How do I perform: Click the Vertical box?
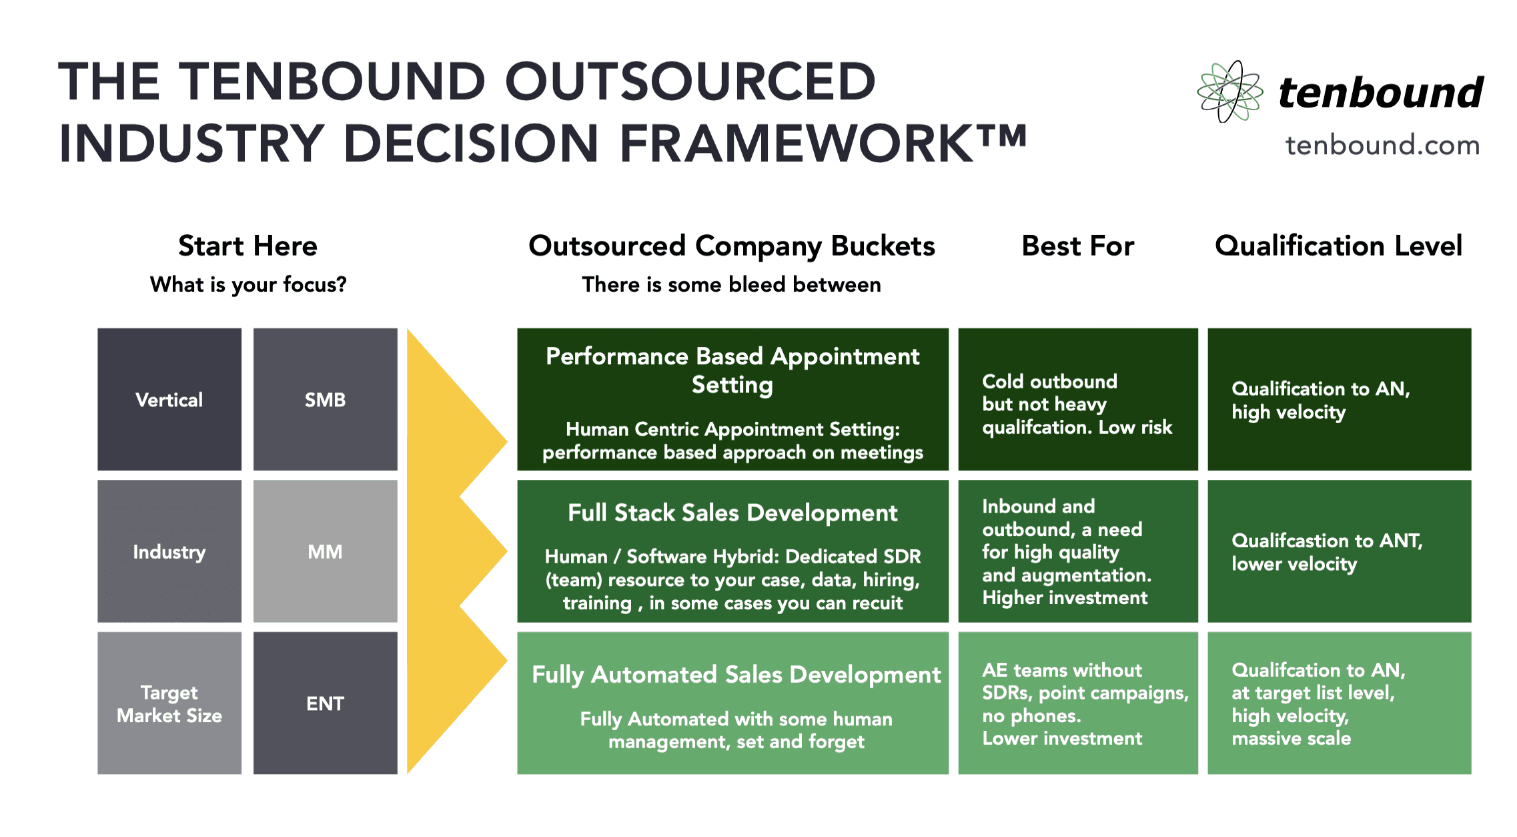click(x=169, y=399)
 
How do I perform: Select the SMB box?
click(x=325, y=399)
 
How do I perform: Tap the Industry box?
click(x=169, y=551)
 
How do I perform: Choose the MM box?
click(x=325, y=551)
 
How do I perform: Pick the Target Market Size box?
click(x=169, y=704)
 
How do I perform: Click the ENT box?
click(x=325, y=704)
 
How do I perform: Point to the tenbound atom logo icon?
click(x=1229, y=91)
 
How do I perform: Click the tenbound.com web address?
click(x=1382, y=145)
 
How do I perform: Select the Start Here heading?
click(x=247, y=246)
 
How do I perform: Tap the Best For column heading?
click(x=1077, y=246)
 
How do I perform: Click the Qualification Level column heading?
click(x=1338, y=246)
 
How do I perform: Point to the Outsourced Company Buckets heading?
click(x=732, y=246)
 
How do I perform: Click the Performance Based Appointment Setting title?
click(x=732, y=370)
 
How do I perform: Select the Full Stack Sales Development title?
click(x=732, y=513)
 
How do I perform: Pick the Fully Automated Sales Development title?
click(x=736, y=674)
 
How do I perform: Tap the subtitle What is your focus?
click(x=247, y=284)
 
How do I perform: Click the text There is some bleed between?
click(x=731, y=284)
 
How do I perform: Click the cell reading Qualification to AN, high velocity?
click(x=1339, y=399)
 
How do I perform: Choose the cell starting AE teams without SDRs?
click(x=1077, y=704)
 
